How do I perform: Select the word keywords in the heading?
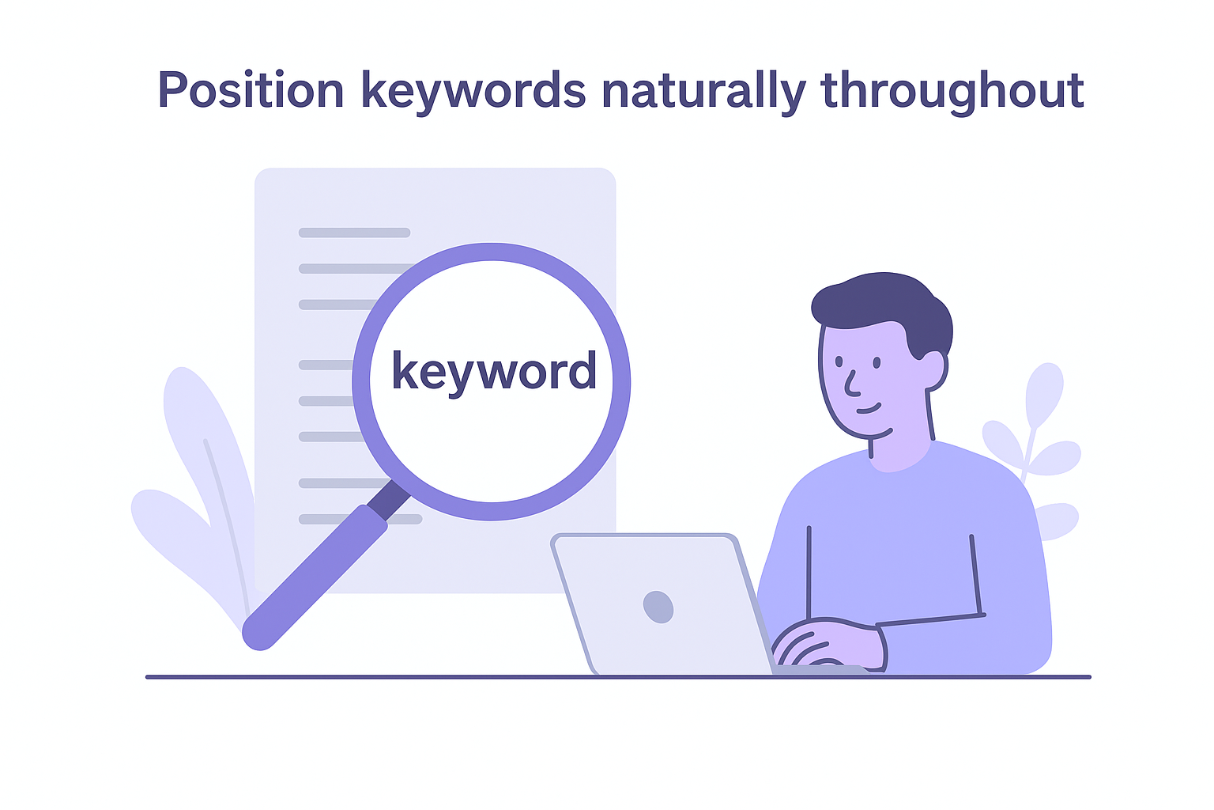click(x=473, y=91)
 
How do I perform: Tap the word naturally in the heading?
click(x=703, y=91)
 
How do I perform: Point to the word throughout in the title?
click(x=952, y=91)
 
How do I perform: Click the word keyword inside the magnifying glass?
click(x=494, y=371)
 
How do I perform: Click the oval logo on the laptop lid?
click(x=658, y=607)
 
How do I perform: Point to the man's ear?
click(x=933, y=370)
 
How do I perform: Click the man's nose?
click(x=850, y=384)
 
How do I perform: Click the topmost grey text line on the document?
click(x=354, y=233)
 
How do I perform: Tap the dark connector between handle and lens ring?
click(x=388, y=499)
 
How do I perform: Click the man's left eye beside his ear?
click(x=877, y=362)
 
